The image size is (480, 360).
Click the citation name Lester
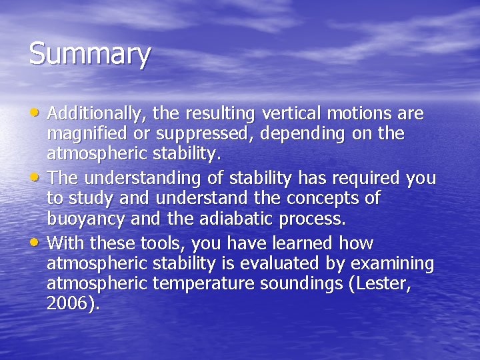[x=383, y=284]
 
